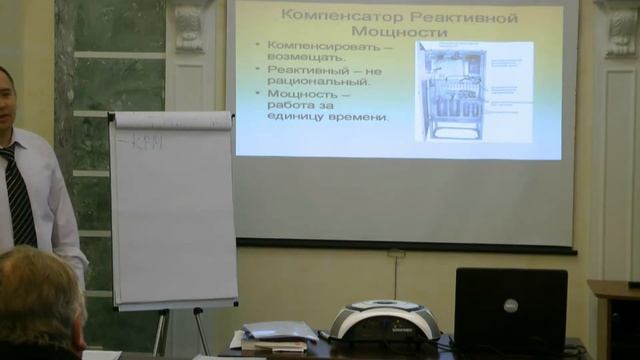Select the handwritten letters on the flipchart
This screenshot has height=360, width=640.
coord(146,141)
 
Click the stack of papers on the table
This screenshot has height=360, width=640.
coord(276,336)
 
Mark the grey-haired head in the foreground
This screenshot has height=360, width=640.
coord(38,300)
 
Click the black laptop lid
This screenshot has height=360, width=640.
coord(510,310)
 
